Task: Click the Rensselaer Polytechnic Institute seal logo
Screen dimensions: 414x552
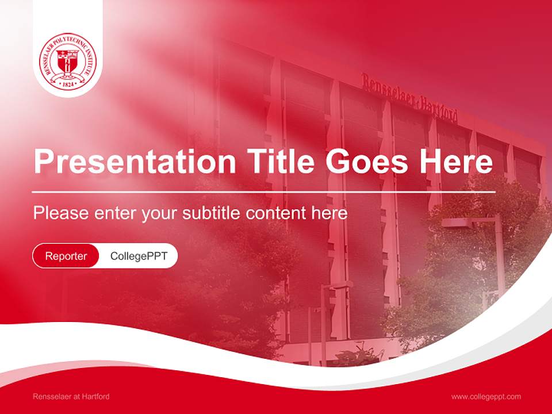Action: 68,63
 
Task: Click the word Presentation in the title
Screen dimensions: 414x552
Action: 135,162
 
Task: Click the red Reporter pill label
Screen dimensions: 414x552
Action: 66,256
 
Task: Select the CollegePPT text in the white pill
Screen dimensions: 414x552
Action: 139,256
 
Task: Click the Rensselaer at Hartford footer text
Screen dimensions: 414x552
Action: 71,396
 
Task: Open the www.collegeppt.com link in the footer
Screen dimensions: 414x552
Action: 486,396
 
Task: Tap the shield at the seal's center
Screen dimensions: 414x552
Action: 68,63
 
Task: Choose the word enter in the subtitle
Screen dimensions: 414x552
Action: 115,213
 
